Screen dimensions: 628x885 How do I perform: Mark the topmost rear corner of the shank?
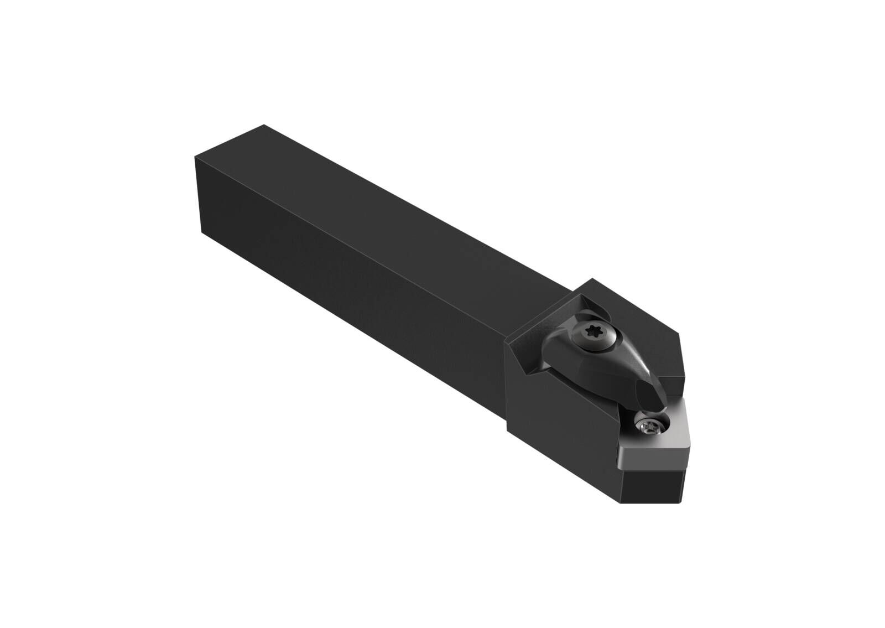click(x=265, y=125)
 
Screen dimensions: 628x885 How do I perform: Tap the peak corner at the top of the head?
click(x=593, y=279)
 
